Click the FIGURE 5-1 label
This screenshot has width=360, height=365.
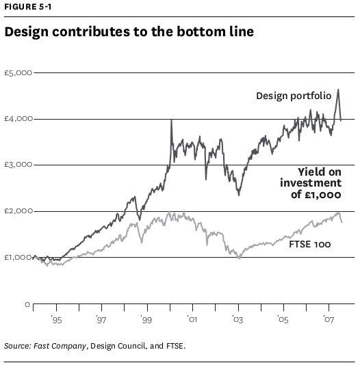28,7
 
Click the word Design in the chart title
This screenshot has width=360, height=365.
26,32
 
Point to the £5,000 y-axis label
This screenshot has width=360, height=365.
18,73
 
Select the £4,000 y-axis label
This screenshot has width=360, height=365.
18,119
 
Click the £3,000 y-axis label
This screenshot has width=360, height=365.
18,165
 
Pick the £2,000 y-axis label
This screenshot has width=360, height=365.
18,211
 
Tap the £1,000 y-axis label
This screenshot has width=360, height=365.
18,257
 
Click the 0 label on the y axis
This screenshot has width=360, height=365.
27,304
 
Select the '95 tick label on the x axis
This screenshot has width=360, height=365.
56,320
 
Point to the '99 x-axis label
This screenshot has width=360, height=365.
146,320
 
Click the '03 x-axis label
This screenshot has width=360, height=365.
237,320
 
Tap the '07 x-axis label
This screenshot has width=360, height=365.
329,320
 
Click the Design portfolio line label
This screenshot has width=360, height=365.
294,96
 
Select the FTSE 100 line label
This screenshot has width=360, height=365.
309,244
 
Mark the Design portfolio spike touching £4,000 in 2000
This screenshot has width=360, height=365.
172,120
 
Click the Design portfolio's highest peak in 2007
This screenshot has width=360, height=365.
338,90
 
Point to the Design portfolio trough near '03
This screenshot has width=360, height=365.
239,195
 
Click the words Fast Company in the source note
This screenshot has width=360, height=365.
60,346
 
